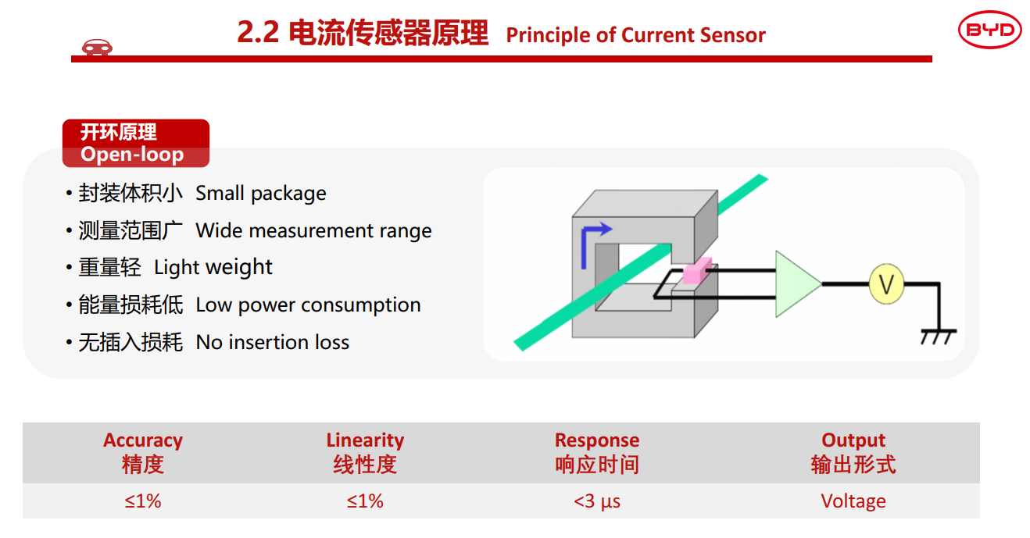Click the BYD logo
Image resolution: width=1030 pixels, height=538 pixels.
coord(989,30)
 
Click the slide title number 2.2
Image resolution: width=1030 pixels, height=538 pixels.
coord(258,34)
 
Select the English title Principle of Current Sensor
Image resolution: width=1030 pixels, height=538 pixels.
coord(635,35)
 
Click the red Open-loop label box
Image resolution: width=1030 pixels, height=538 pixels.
coord(135,143)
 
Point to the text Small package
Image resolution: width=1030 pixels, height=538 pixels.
coord(261,194)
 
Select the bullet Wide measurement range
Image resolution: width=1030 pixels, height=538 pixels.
coord(313,231)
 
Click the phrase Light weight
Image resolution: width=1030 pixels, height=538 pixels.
coord(213,268)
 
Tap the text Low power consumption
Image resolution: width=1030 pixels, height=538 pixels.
coord(308,305)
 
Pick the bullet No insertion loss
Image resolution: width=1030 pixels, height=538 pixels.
coord(272,343)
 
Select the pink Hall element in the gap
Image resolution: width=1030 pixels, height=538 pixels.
coord(696,271)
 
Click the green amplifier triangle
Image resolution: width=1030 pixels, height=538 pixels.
coord(796,284)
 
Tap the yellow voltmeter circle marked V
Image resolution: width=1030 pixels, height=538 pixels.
coord(886,284)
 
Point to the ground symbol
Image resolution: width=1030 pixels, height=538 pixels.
coord(938,336)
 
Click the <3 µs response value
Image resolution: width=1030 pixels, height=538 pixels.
coord(597,501)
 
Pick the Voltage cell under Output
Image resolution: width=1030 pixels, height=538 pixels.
coord(853,501)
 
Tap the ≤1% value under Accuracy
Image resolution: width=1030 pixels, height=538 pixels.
coord(143,501)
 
